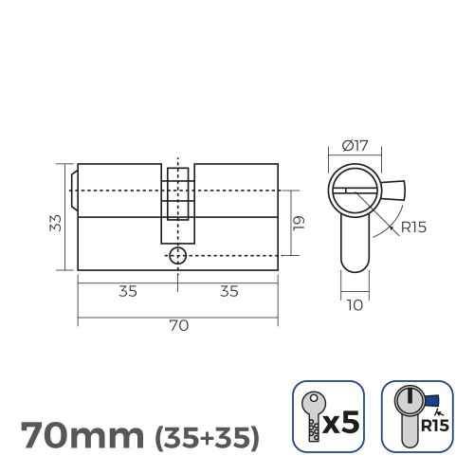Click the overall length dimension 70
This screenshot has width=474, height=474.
177,325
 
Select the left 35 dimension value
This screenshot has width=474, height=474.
127,291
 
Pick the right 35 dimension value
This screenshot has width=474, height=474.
228,291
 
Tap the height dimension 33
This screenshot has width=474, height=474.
55,222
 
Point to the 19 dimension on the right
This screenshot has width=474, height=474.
298,222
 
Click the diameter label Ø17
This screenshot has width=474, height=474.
356,147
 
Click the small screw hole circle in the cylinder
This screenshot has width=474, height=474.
177,256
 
